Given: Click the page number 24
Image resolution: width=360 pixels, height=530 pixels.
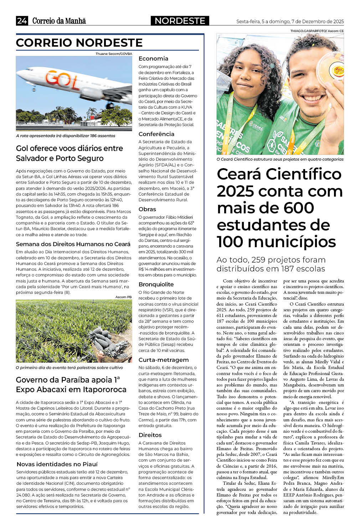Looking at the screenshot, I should tap(22, 21).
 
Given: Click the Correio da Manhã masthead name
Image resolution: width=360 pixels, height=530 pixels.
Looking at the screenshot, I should tap(59, 21).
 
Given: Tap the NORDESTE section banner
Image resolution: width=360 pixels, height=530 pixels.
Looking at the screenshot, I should tap(180, 21).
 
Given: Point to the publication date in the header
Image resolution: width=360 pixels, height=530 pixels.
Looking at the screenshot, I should tap(290, 21).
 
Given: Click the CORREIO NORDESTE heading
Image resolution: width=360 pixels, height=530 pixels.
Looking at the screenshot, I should tap(79, 43).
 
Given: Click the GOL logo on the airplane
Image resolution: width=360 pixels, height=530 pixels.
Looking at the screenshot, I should tap(63, 79).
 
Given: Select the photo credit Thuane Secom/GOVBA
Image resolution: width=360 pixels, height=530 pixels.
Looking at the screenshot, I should tap(114, 54).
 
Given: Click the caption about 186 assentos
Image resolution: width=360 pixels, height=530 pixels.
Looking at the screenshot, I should tap(66, 136).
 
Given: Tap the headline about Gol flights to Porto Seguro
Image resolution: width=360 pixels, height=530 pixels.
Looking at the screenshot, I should tap(70, 153).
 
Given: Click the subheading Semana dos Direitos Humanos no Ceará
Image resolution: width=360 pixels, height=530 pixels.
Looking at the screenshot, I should tap(73, 244).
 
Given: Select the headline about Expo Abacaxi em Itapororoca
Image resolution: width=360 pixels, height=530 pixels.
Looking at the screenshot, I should tap(71, 384).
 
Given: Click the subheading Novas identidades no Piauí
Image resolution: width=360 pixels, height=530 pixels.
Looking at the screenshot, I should tap(57, 464).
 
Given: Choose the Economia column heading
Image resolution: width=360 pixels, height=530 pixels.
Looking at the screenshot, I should tap(153, 58).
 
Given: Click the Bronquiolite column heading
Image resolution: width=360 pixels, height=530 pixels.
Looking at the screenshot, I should tap(156, 284).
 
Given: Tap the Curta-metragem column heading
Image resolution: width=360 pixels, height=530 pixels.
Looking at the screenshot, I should tap(163, 360).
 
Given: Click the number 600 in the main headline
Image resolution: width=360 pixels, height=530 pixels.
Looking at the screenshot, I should tap(299, 208).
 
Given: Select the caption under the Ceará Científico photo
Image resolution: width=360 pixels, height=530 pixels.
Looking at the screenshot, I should tap(280, 159).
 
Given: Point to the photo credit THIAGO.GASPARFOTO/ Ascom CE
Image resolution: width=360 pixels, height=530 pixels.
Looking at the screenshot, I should tap(317, 31).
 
